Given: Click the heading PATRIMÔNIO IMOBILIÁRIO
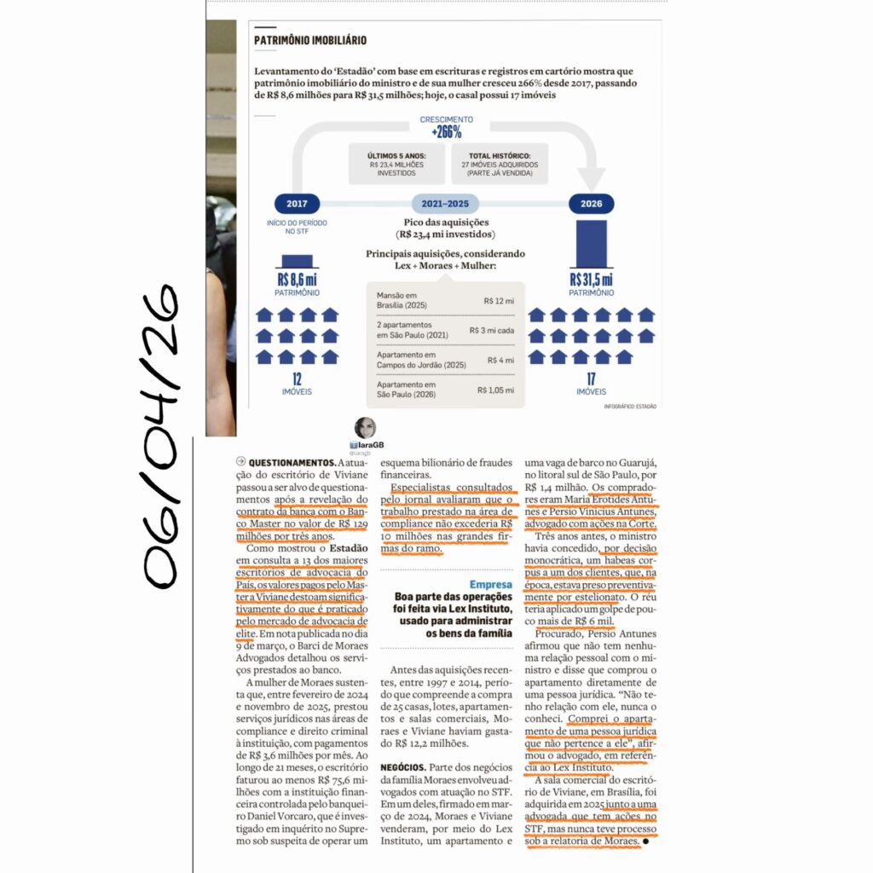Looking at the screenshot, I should (310, 40).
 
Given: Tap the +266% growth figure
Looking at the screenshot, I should (446, 133).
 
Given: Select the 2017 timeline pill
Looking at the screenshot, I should (297, 205).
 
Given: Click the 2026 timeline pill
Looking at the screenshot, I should (591, 205).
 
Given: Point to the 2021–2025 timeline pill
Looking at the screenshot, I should (445, 205).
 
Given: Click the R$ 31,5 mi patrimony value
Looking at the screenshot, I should (591, 280).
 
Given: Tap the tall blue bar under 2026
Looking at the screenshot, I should (591, 244).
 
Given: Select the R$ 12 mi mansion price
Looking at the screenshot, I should (498, 301).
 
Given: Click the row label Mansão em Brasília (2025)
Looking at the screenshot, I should (404, 301).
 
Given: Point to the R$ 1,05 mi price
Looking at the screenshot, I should (495, 390).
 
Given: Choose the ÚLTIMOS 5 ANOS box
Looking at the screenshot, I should (397, 164).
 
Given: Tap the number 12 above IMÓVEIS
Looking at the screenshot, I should (297, 378).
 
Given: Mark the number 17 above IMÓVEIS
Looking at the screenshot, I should (591, 378).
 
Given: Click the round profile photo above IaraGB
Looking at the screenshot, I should (364, 429).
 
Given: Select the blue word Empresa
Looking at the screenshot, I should (491, 585).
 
